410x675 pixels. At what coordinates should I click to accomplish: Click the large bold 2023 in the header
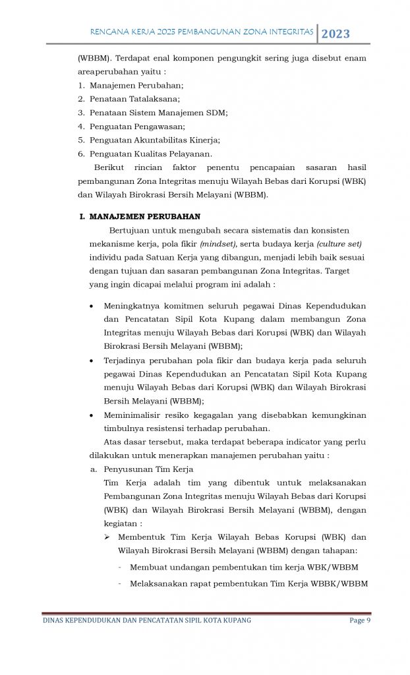tap(336, 33)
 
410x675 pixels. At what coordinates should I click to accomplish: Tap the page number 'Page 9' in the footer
tap(360, 620)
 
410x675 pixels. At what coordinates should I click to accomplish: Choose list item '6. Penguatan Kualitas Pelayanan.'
tap(145, 154)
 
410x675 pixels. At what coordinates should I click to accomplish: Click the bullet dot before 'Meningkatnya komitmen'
tap(90, 307)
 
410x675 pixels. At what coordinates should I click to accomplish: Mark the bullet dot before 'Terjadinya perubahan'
tap(90, 361)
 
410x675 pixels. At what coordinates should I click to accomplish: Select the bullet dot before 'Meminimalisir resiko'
tap(90, 415)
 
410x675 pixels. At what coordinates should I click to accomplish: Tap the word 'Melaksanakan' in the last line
tap(155, 583)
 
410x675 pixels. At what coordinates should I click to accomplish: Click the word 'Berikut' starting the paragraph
tap(109, 167)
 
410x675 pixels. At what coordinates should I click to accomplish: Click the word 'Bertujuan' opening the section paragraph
tap(129, 230)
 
